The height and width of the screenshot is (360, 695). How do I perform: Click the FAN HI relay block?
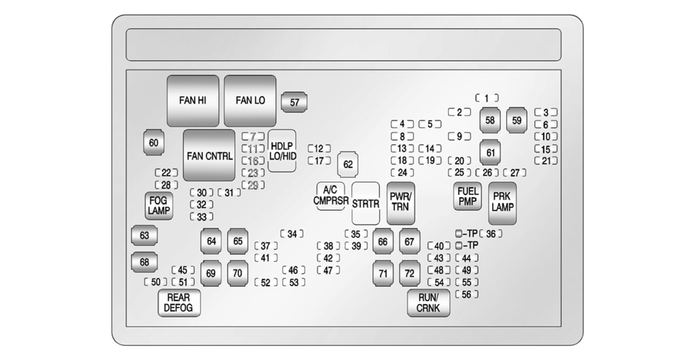pos(193,101)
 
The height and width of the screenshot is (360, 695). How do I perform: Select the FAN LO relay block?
pos(250,101)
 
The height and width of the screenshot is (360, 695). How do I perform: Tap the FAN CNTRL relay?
pos(209,156)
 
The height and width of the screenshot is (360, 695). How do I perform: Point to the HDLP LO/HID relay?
pos(282,151)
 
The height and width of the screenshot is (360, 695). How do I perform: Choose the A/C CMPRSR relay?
pos(331,196)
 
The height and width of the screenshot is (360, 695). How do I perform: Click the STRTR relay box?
pos(365,203)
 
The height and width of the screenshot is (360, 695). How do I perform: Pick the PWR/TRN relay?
pos(400,203)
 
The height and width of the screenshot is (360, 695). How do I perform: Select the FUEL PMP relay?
pos(467,196)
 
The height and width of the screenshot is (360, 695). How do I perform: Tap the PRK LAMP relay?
pos(502,203)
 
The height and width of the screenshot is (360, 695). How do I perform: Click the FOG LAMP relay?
pos(158,206)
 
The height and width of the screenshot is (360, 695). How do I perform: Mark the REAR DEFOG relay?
pos(179,303)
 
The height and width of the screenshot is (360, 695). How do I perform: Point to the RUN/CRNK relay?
pos(428,303)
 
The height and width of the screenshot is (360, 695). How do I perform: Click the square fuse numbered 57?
pos(294,102)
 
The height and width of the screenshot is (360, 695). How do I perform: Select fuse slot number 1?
pos(487,98)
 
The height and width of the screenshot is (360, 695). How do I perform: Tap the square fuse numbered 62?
pos(348,164)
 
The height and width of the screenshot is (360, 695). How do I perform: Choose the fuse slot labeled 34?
pos(292,234)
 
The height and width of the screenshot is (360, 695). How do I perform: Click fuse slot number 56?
pos(466,294)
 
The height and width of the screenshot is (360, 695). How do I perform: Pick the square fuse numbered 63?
pos(144,235)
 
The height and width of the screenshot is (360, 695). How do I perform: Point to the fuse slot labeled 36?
pos(491,234)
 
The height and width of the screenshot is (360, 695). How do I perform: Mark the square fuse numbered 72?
pos(409,273)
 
